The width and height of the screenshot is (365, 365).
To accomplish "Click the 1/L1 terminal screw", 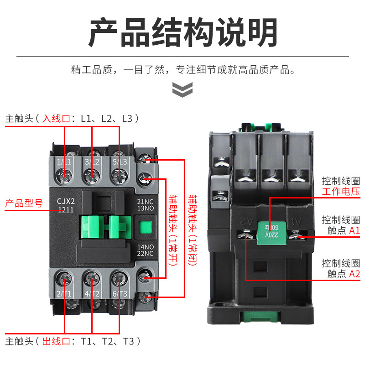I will coord(65,174).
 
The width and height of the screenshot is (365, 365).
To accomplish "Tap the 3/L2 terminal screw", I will coord(92,174).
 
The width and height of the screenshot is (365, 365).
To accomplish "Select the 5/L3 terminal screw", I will coord(120,174).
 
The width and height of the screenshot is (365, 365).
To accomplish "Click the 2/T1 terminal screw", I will coord(64,277).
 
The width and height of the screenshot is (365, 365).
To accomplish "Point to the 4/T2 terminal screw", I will coord(92,277).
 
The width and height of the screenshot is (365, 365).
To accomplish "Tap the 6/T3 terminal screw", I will coord(120,277).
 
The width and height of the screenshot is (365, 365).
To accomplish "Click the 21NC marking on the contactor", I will coord(145,201).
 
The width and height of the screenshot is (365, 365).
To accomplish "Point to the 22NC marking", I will coord(145,254).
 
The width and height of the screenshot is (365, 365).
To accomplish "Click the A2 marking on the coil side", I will coord(246,221).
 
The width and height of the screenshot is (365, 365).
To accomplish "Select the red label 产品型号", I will coord(24,203).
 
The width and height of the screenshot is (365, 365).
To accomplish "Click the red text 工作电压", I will coord(340,191).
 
